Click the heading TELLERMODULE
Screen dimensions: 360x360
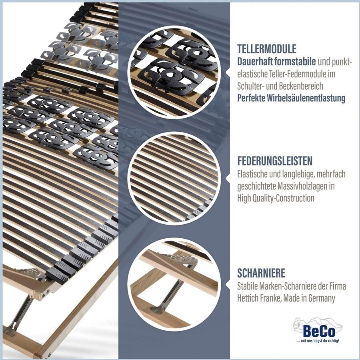(x=267, y=49)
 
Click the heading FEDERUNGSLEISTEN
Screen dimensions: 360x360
(x=275, y=161)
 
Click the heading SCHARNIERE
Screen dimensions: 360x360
(x=261, y=273)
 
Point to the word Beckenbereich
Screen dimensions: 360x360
(x=301, y=86)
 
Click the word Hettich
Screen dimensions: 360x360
(x=248, y=298)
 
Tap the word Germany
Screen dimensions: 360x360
(x=322, y=298)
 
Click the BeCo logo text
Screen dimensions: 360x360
(x=319, y=331)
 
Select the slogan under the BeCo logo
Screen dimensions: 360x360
(x=318, y=341)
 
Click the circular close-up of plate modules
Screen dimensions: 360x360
(x=174, y=72)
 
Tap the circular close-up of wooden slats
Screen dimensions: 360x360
(x=174, y=178)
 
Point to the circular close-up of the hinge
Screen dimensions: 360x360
(x=174, y=284)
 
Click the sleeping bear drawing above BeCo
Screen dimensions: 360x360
(x=318, y=324)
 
